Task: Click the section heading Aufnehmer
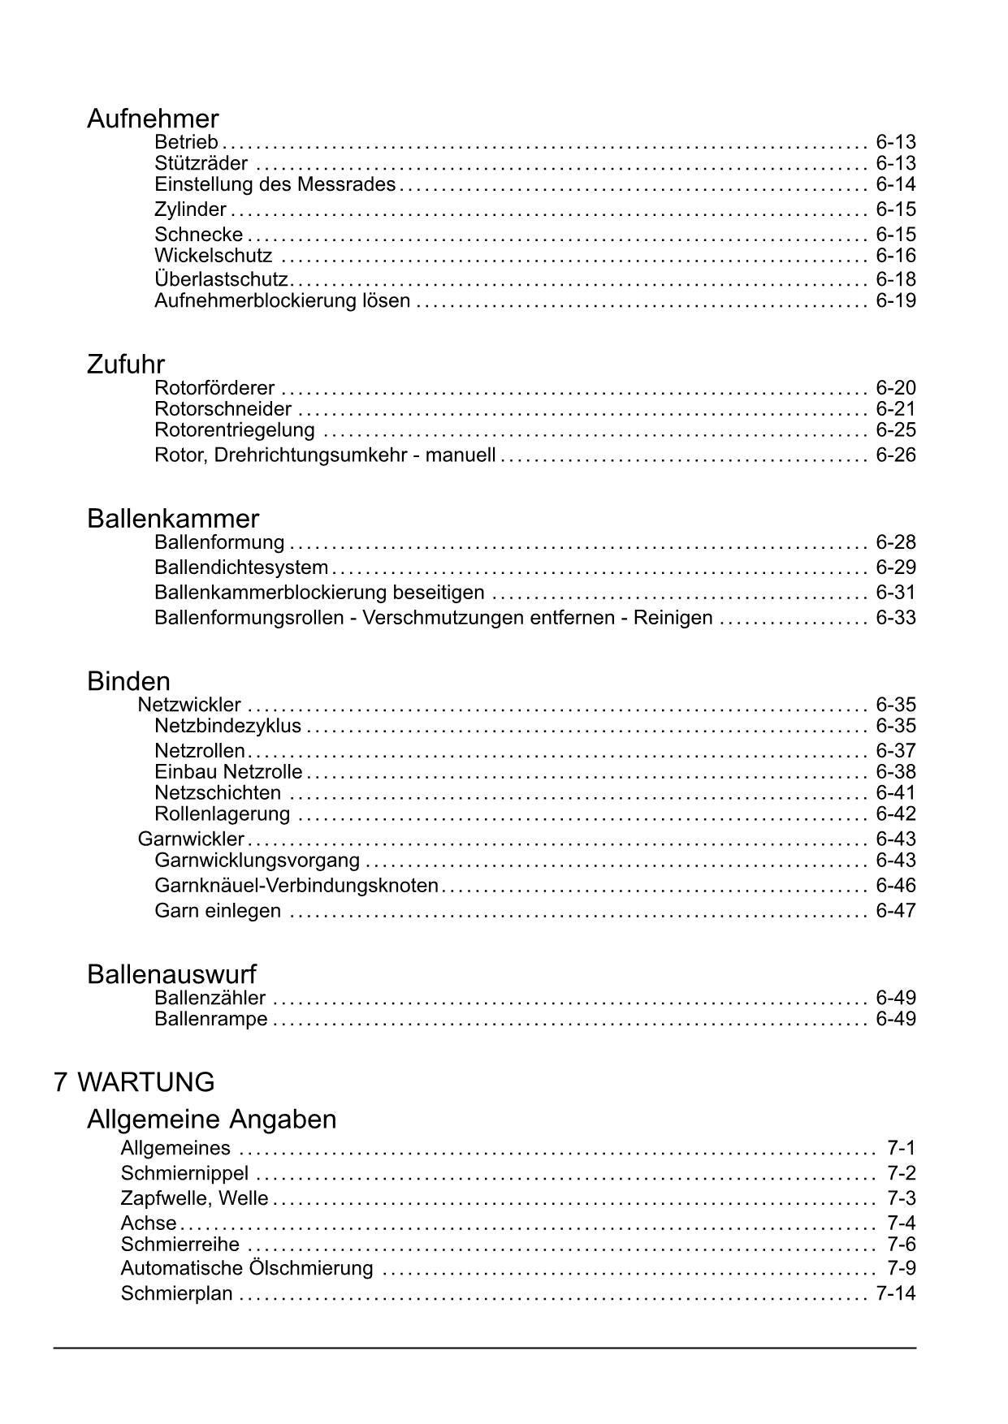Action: (153, 119)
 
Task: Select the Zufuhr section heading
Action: (126, 365)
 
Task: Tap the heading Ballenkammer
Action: (173, 519)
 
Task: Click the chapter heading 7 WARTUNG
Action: (134, 1082)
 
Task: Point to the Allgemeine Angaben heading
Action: (211, 1120)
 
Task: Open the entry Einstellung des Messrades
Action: (275, 184)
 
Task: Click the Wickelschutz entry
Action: (213, 257)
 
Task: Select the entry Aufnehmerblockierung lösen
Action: (282, 301)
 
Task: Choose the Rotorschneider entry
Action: (223, 409)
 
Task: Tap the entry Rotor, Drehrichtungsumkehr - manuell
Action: (325, 455)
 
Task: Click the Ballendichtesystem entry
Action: (241, 567)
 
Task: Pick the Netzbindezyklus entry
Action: (227, 726)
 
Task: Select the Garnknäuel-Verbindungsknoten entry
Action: (296, 886)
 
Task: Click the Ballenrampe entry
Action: (210, 1019)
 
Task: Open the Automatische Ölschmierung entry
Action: (247, 1268)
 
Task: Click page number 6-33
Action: (895, 618)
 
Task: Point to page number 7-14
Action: (895, 1293)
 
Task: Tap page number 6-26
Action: (895, 455)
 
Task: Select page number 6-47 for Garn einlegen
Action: (895, 911)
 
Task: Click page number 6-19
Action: (895, 301)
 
